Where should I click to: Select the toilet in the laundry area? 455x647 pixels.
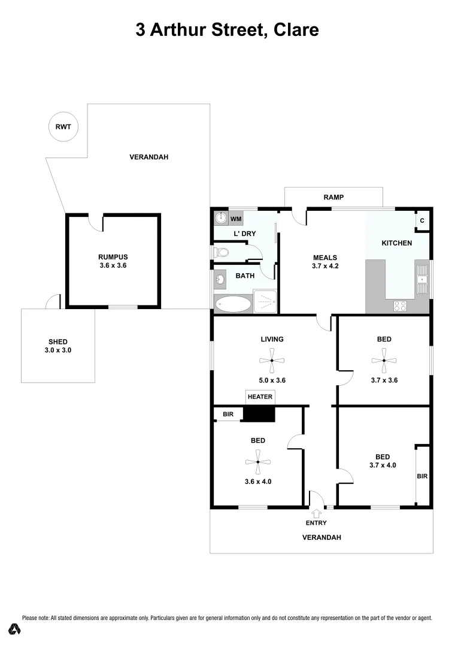(220, 253)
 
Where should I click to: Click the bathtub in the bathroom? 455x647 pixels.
(233, 304)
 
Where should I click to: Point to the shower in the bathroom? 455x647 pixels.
(266, 302)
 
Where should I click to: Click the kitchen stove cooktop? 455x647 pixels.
(400, 306)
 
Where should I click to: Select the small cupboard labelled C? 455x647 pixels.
(422, 221)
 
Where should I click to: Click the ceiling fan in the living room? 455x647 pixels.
(271, 361)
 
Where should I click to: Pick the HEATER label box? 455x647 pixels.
(260, 397)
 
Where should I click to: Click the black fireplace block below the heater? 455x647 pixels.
(259, 413)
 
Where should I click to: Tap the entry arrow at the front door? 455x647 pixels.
(316, 513)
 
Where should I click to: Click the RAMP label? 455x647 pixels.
(333, 197)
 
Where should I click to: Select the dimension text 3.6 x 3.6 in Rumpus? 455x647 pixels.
(113, 265)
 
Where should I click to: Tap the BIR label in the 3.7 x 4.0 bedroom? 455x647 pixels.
(422, 476)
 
